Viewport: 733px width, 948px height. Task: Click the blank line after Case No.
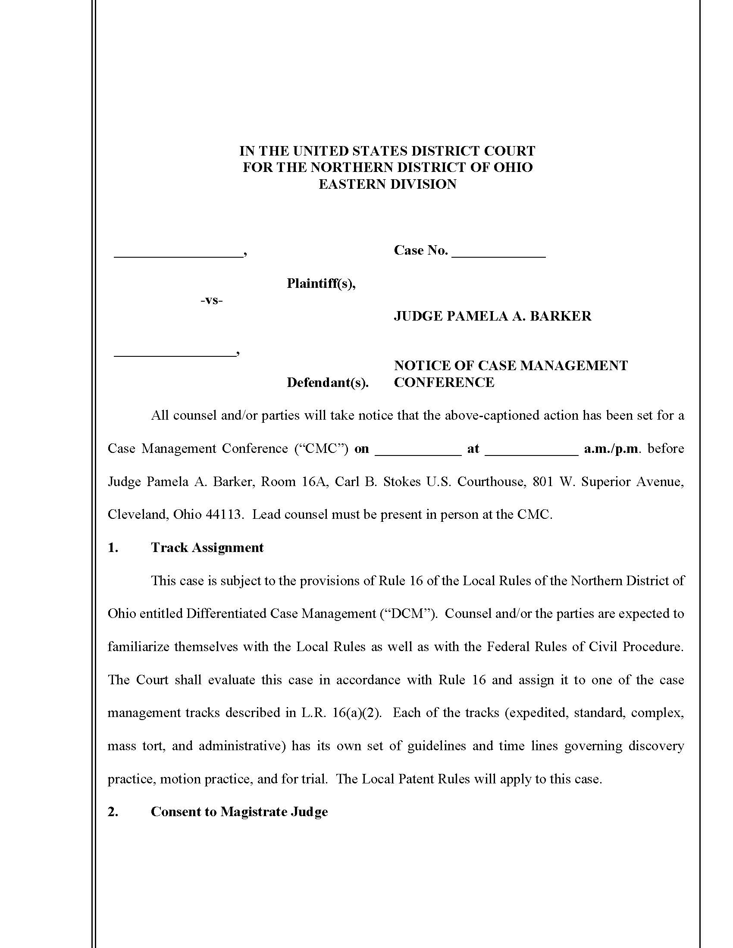click(x=498, y=256)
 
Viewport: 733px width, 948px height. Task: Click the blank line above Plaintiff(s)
click(x=178, y=256)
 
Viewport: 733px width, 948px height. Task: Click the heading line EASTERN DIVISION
click(x=387, y=184)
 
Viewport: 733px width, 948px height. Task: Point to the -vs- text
click(x=211, y=300)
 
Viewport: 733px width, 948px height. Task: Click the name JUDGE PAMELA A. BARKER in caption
click(x=492, y=315)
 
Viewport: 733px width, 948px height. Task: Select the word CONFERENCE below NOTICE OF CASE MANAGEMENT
click(x=444, y=382)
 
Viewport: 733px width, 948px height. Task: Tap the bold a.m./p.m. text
click(x=612, y=449)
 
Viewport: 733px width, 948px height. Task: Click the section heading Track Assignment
click(x=207, y=547)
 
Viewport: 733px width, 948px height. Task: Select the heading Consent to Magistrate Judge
click(x=239, y=812)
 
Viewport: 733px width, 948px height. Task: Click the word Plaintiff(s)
click(x=321, y=284)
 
